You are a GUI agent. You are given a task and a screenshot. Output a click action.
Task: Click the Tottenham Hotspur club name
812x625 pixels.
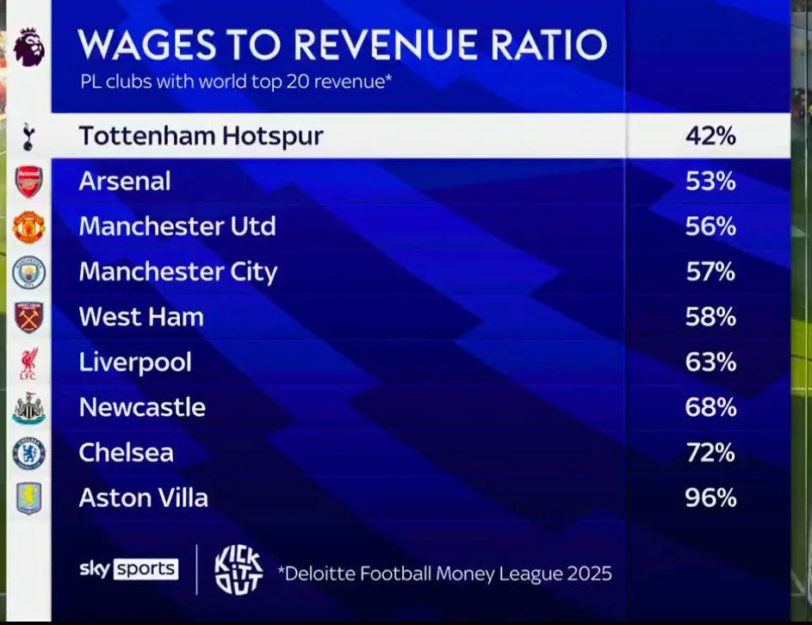(x=201, y=136)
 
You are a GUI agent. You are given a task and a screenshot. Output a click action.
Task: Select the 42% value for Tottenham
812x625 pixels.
(x=710, y=136)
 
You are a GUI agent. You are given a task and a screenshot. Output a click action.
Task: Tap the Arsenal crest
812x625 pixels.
(x=28, y=182)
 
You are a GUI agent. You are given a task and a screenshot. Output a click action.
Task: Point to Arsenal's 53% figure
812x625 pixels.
(x=710, y=182)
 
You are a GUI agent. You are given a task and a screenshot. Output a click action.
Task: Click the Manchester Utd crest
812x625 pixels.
(x=28, y=227)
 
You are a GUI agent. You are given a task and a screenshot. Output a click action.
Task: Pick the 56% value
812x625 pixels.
(x=710, y=227)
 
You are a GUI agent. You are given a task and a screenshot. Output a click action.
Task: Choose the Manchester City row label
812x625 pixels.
(x=178, y=272)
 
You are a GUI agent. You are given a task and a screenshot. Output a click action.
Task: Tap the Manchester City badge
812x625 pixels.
(x=28, y=272)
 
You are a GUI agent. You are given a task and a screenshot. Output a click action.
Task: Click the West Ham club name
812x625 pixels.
(x=141, y=317)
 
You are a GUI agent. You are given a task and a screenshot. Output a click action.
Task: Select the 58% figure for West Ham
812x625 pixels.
(x=710, y=317)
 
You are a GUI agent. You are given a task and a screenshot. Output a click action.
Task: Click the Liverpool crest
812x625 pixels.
(x=28, y=362)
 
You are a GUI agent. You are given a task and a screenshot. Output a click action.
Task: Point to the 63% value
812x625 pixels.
(x=710, y=362)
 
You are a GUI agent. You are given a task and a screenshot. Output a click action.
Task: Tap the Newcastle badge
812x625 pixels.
(x=28, y=408)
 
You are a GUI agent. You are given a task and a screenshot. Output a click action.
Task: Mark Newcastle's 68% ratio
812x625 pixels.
(x=710, y=408)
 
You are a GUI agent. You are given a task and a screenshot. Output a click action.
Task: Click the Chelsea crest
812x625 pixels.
(x=28, y=453)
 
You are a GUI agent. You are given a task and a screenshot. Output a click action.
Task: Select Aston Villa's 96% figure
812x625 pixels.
(x=710, y=498)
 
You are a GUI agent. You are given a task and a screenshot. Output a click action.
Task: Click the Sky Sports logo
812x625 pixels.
(x=128, y=568)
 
